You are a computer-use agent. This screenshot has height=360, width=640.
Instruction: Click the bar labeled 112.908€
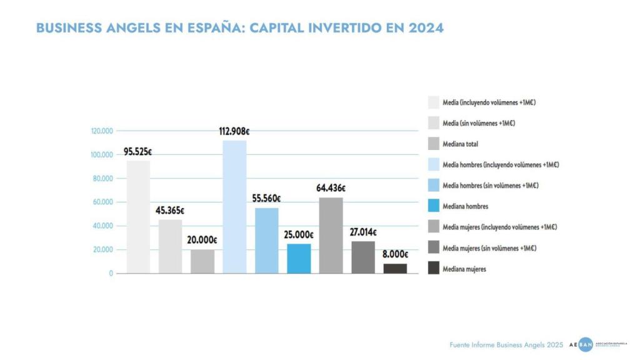(234, 206)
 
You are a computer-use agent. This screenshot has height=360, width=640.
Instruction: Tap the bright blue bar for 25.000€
(299, 258)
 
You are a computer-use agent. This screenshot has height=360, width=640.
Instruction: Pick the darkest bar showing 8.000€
(395, 268)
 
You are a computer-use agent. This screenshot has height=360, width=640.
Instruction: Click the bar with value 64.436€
(331, 235)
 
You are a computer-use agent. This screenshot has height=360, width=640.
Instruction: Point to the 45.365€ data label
(170, 210)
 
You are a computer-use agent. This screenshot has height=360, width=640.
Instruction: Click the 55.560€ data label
(267, 198)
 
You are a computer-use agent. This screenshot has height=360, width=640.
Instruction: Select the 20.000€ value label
(202, 240)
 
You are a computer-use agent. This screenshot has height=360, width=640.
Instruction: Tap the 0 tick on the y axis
(111, 274)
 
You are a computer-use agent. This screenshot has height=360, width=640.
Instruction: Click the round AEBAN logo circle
(585, 344)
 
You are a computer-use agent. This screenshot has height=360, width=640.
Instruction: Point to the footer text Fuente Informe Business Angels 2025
(506, 345)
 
